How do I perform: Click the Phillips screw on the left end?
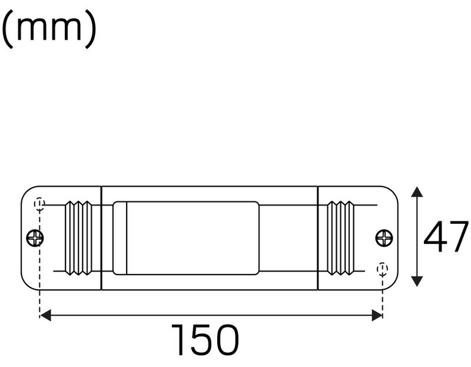click(35, 237)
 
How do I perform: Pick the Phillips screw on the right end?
click(385, 237)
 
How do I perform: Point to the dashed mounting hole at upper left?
click(40, 203)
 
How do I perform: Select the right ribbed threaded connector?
click(340, 237)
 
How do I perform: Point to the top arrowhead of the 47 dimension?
click(417, 193)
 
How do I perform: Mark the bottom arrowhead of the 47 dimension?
click(417, 281)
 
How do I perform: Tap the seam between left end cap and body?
click(101, 237)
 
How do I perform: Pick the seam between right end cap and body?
click(318, 237)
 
